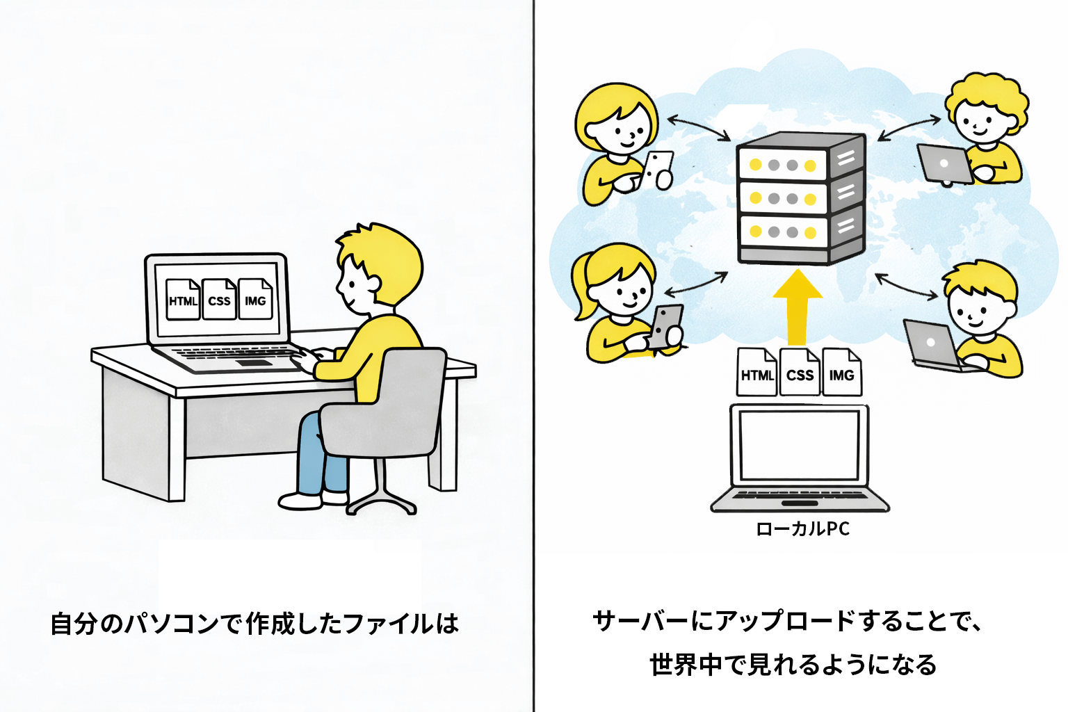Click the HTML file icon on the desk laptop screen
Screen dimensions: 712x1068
(x=184, y=300)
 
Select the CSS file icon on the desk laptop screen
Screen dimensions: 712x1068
(x=219, y=300)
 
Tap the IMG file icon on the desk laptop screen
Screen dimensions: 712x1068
(x=255, y=300)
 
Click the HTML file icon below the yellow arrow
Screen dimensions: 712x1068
(x=756, y=373)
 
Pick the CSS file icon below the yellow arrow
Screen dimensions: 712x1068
(x=800, y=373)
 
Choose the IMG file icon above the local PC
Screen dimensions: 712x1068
(x=841, y=373)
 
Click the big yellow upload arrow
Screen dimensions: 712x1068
(x=798, y=306)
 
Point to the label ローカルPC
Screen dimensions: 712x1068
(x=802, y=529)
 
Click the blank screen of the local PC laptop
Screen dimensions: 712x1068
(x=799, y=445)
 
